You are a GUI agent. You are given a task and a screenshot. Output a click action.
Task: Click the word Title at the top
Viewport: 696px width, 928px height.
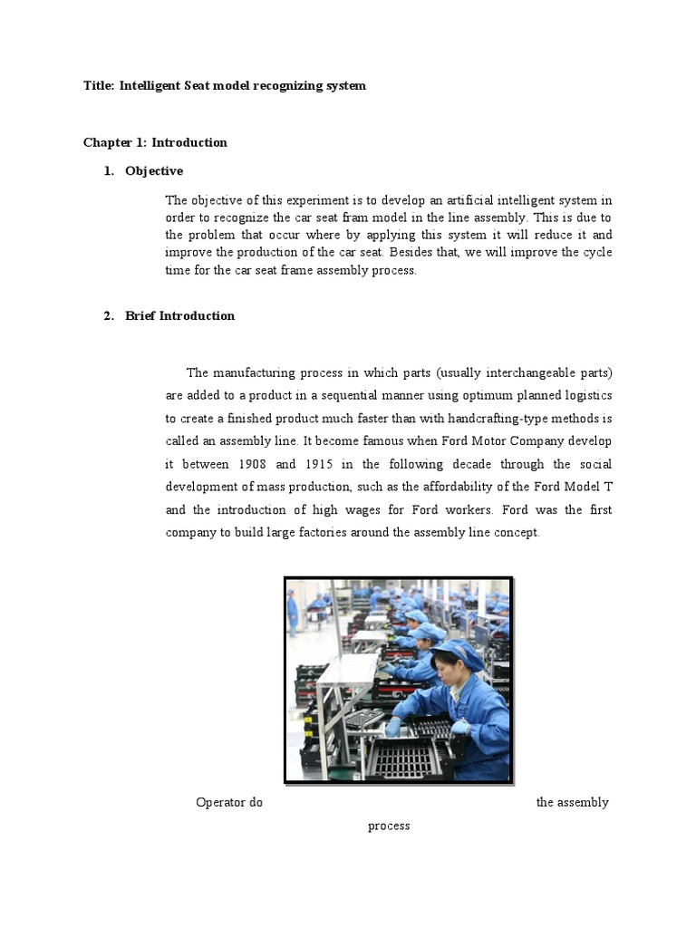click(x=98, y=86)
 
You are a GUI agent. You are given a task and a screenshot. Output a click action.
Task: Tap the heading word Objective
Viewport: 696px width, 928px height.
click(x=154, y=171)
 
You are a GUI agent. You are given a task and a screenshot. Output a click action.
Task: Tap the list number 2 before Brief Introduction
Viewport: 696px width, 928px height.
click(x=108, y=316)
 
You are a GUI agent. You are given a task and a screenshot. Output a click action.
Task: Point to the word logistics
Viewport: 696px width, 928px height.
click(x=585, y=396)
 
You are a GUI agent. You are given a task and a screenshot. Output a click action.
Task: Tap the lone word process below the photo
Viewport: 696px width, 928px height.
click(x=389, y=826)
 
